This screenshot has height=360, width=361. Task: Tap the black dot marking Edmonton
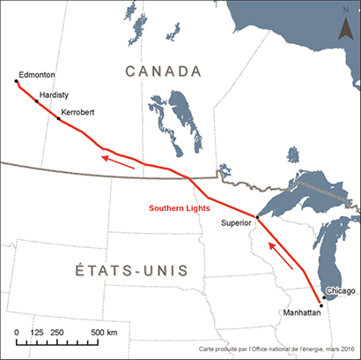(x=16, y=81)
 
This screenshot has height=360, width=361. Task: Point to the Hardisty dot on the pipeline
(x=37, y=101)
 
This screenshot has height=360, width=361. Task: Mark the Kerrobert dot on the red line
(x=58, y=118)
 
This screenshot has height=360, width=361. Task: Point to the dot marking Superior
(x=255, y=216)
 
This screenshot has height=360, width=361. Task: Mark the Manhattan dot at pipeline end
(x=322, y=305)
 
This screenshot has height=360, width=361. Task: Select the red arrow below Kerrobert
(x=117, y=160)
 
